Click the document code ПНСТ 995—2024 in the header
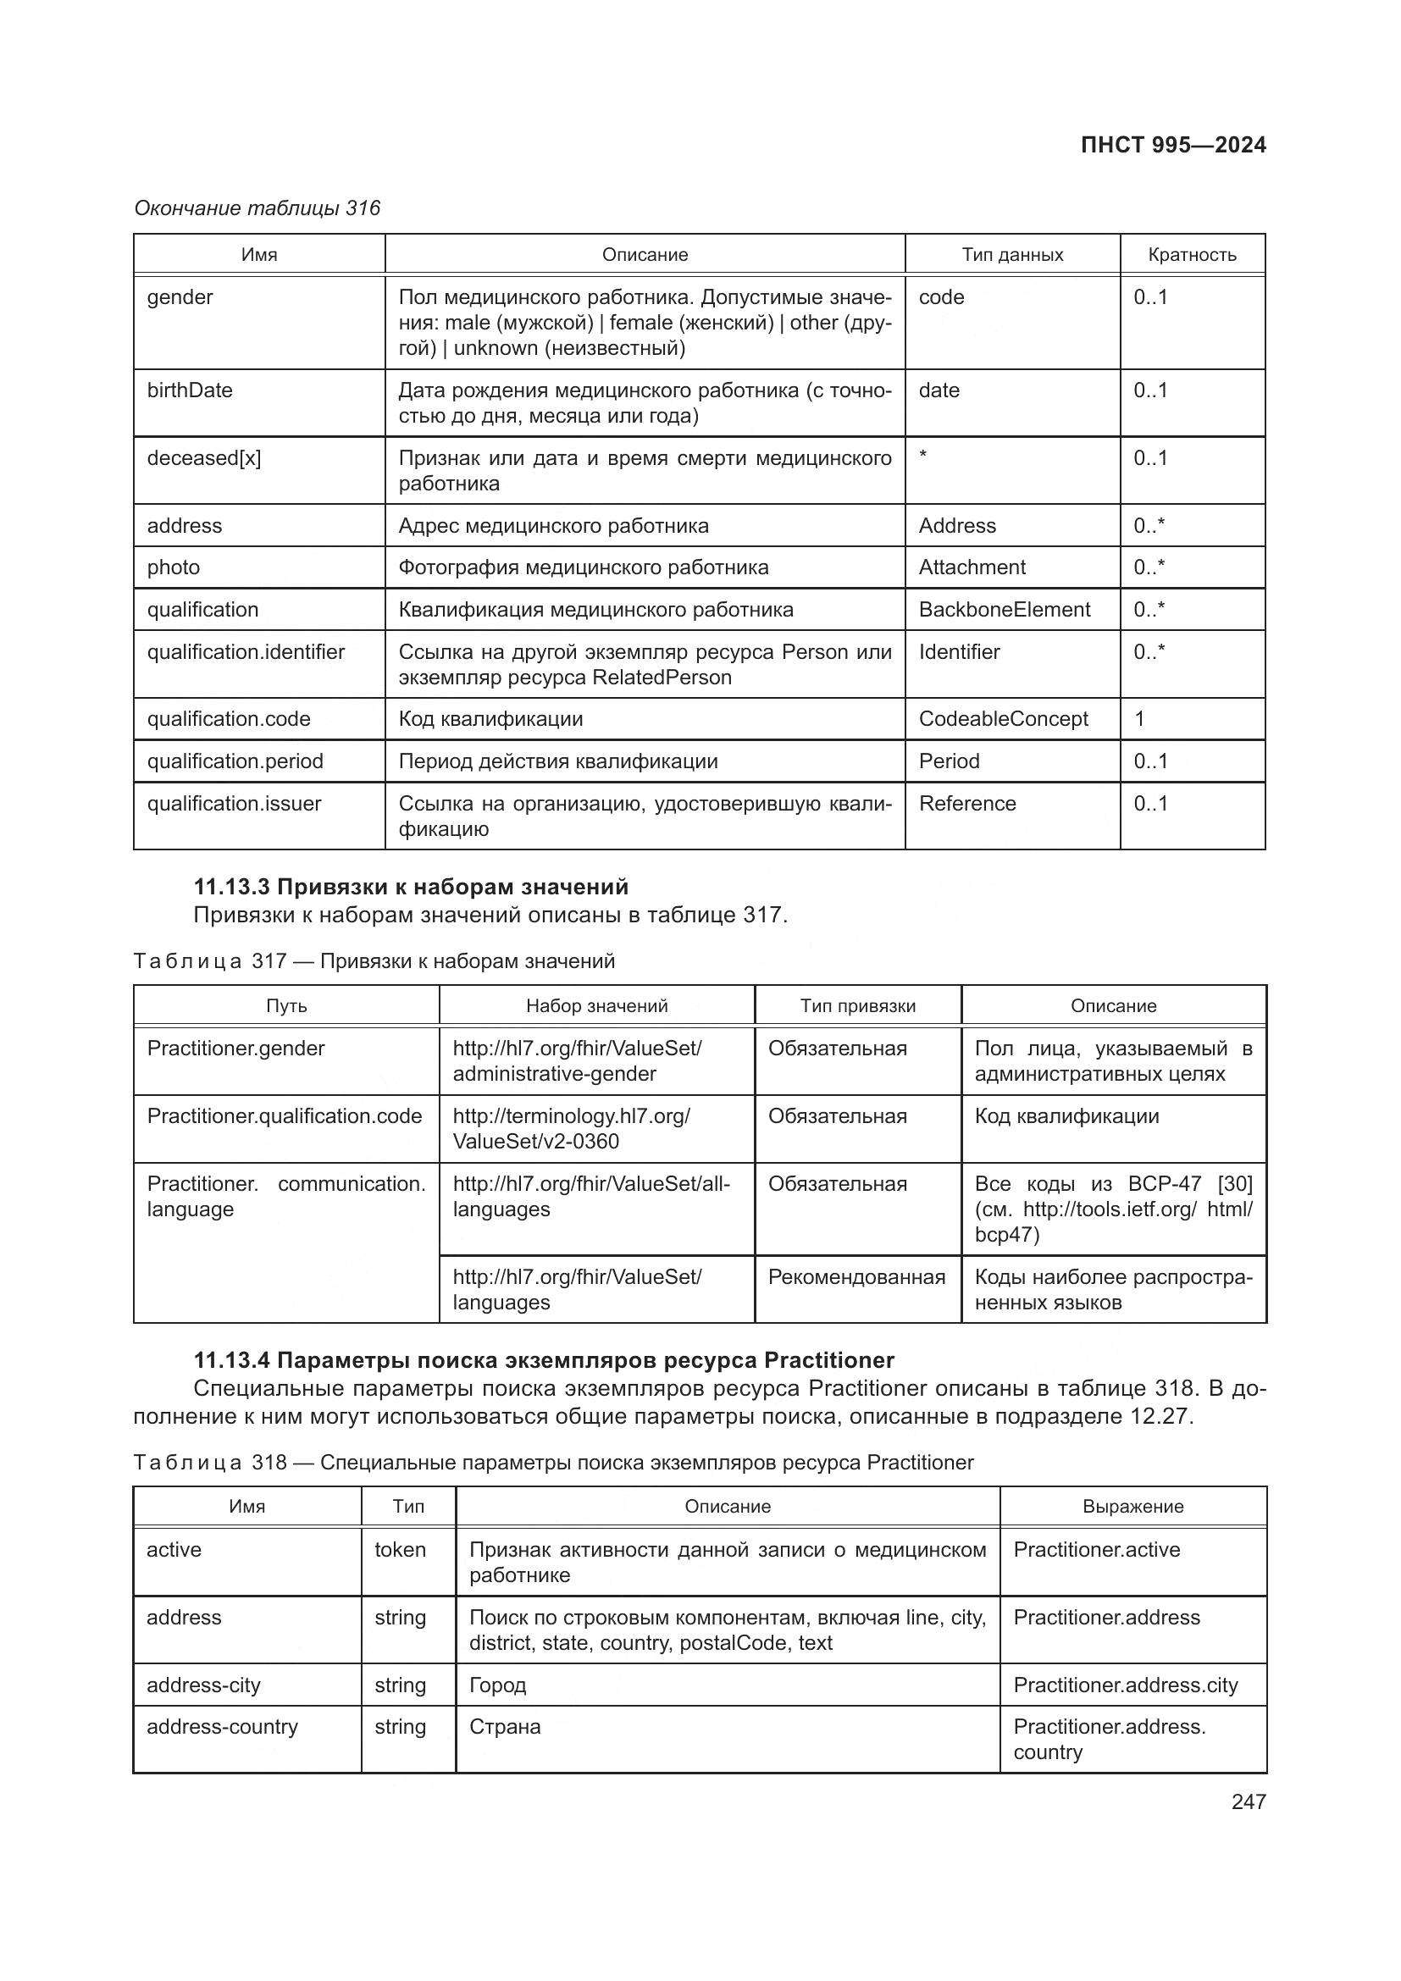(1172, 145)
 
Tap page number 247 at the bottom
(1249, 1801)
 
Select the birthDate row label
(190, 390)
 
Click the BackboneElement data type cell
(1005, 609)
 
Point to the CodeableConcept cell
(1003, 719)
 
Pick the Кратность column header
(1192, 255)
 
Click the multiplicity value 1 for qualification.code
(1139, 719)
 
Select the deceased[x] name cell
(203, 458)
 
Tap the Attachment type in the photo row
(972, 567)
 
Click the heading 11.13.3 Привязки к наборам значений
(411, 887)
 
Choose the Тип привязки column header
(857, 1005)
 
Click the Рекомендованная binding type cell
(856, 1276)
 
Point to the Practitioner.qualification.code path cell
(285, 1115)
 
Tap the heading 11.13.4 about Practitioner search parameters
(544, 1360)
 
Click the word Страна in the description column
(505, 1726)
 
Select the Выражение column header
(1132, 1506)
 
